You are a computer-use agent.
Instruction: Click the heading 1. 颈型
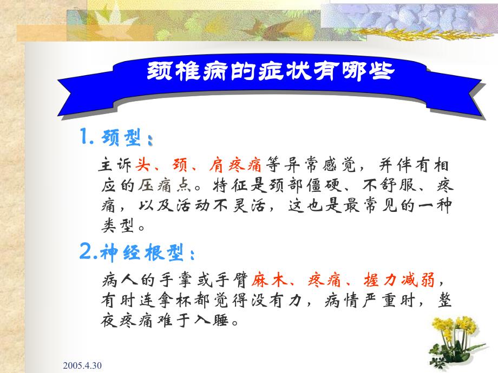pyautogui.click(x=116, y=139)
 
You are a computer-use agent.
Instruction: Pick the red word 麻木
pyautogui.click(x=268, y=281)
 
